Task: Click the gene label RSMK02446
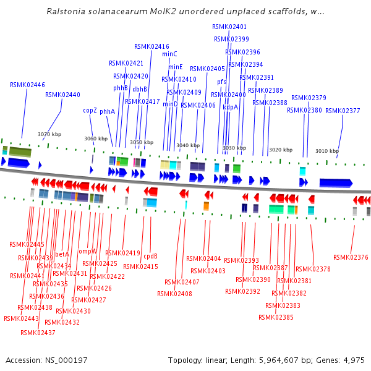pos(27,85)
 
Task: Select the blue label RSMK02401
pos(229,27)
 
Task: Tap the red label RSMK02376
pos(351,257)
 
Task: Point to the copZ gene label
pos(90,110)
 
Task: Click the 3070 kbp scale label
pos(49,134)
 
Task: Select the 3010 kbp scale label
pos(327,151)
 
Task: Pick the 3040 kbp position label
pos(188,146)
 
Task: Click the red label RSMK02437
pos(38,333)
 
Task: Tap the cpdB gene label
pos(151,255)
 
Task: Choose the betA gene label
pos(62,254)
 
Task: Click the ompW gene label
pos(88,251)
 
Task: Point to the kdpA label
pos(230,107)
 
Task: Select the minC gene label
pos(169,54)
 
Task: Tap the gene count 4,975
pos(354,360)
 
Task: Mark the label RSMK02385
pos(276,317)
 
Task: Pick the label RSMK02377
pos(343,111)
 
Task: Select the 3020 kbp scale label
pos(280,150)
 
